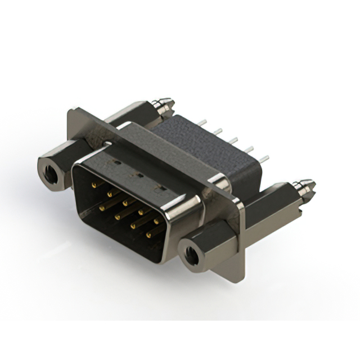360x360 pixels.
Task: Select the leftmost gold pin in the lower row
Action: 102,207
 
